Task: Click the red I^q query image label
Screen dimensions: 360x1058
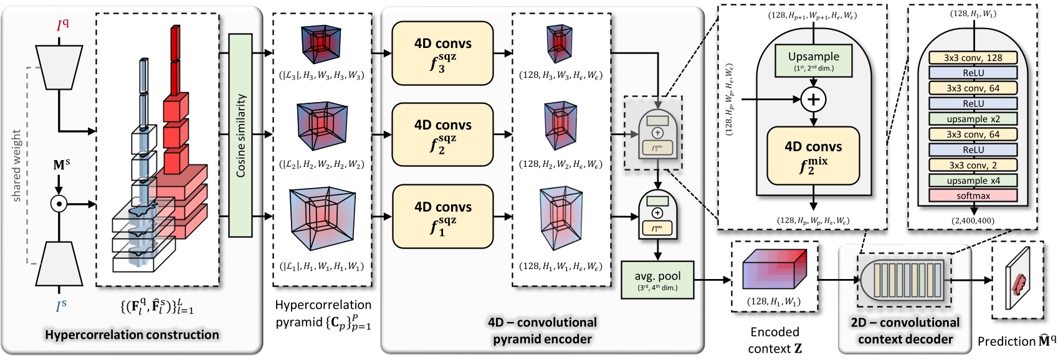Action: click(62, 26)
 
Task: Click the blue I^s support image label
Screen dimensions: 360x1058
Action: click(61, 306)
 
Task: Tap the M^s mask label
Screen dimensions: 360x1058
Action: click(61, 165)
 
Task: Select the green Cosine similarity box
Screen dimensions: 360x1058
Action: click(241, 135)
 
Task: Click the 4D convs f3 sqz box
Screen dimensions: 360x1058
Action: click(442, 54)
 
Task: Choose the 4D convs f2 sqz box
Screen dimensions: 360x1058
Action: click(442, 135)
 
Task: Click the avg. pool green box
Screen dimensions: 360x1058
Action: click(657, 280)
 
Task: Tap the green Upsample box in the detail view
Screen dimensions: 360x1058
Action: click(814, 60)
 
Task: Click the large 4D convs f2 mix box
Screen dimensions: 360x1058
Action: click(814, 156)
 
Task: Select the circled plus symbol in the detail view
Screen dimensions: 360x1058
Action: click(814, 99)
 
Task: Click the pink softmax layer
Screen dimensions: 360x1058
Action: click(973, 196)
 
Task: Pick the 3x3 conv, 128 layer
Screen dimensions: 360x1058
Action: click(973, 57)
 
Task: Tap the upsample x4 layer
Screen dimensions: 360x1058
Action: click(973, 181)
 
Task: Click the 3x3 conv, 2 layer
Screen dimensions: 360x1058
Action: click(973, 165)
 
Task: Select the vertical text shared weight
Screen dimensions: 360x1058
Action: click(17, 165)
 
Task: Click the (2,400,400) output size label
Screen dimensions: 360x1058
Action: click(973, 220)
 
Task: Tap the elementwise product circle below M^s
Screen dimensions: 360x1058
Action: click(59, 204)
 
